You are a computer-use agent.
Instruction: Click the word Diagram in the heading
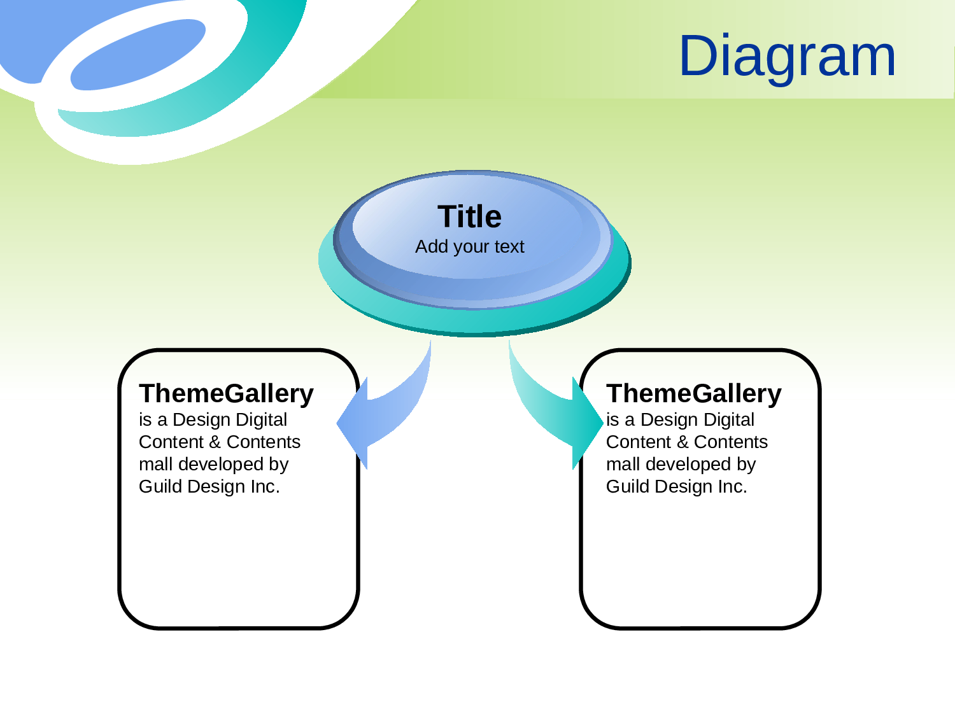click(x=788, y=57)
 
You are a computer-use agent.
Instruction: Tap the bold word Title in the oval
click(x=469, y=217)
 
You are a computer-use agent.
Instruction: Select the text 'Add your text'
click(x=469, y=246)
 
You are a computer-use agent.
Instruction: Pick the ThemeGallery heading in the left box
click(x=226, y=394)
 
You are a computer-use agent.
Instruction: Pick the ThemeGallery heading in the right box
click(x=693, y=394)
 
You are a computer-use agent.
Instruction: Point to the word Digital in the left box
click(x=262, y=420)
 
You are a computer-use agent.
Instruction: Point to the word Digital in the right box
click(x=729, y=420)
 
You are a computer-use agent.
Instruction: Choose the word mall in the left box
click(x=155, y=465)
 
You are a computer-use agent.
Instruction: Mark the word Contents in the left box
click(x=263, y=442)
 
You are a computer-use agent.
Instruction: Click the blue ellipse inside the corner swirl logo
click(x=137, y=53)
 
